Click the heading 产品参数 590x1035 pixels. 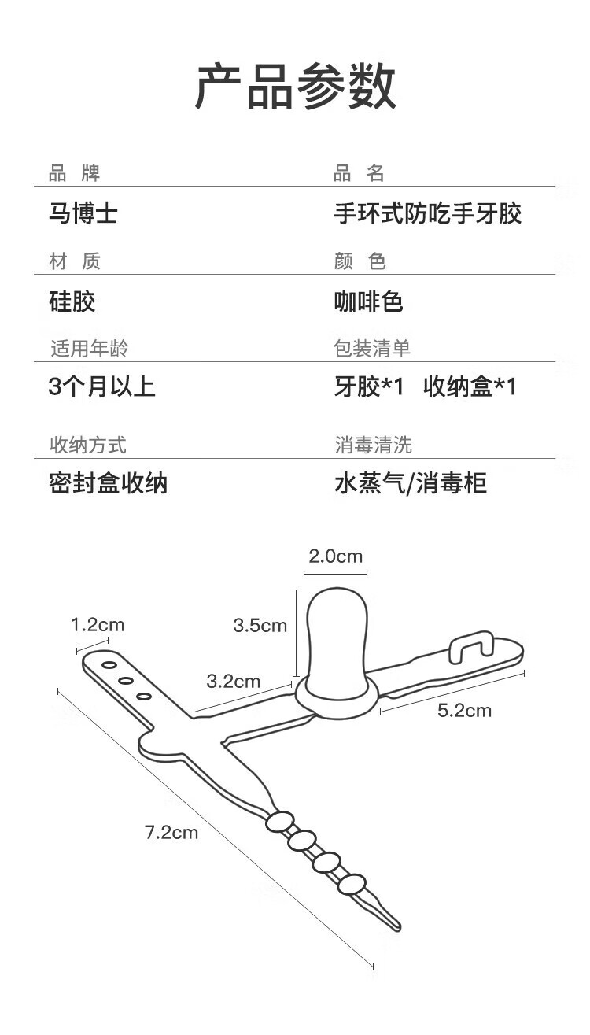click(295, 87)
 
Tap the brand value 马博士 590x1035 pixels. click(83, 213)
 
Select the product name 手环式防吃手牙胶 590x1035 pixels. click(427, 213)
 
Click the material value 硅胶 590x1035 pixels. click(72, 301)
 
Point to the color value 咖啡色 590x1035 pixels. click(368, 301)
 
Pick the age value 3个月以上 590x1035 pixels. click(102, 386)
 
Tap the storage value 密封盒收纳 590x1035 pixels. click(108, 482)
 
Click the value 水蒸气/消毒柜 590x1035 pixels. click(411, 482)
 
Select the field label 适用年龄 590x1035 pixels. click(88, 348)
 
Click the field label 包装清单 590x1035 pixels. click(372, 348)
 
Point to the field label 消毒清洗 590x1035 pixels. click(373, 445)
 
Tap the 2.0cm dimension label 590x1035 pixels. click(335, 556)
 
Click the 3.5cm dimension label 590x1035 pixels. click(260, 626)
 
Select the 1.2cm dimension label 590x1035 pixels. click(98, 625)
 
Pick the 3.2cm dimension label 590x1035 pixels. click(233, 681)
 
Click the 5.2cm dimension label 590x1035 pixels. click(464, 711)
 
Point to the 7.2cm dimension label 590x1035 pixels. click(171, 832)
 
